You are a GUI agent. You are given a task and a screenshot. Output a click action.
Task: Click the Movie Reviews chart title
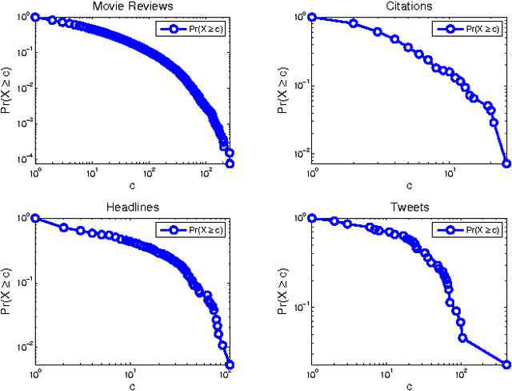(x=132, y=6)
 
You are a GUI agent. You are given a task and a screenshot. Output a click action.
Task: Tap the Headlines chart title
(x=132, y=207)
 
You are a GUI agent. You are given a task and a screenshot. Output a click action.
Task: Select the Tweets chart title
(x=409, y=207)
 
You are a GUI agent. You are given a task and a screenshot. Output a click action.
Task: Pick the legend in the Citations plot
(x=470, y=28)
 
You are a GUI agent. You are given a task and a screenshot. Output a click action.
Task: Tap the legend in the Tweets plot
(x=470, y=230)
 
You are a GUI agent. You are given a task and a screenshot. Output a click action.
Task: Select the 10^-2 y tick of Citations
(x=299, y=154)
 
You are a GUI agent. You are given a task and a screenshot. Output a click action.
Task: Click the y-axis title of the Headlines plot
(x=7, y=290)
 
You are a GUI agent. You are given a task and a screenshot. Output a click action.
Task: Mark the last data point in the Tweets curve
(x=506, y=364)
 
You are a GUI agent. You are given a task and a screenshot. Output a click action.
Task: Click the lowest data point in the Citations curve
(x=506, y=163)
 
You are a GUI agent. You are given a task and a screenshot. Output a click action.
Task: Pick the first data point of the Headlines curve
(x=35, y=218)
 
